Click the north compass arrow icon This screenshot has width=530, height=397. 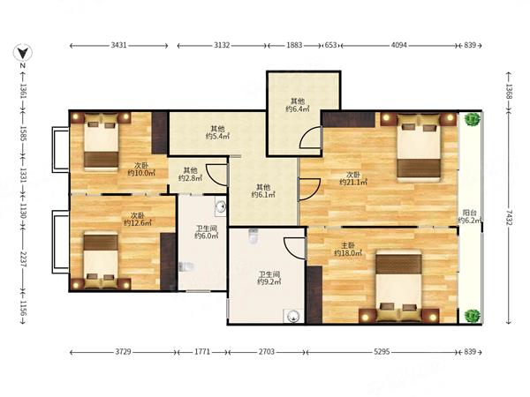23,53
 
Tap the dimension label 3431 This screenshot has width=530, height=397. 118,45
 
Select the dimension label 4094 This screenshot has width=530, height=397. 399,45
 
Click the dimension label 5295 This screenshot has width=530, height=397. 382,352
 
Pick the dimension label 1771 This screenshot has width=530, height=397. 202,352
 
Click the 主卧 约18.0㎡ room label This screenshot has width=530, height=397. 348,249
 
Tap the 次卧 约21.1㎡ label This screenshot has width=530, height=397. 353,178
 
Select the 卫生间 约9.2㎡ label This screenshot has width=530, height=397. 269,278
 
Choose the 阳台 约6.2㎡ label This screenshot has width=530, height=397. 470,217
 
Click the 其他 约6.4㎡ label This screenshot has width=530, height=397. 298,105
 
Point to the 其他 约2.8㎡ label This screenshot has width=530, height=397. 190,174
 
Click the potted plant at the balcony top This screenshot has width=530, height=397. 473,119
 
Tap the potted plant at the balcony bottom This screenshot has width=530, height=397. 473,316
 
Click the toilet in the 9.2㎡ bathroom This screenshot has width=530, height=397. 254,236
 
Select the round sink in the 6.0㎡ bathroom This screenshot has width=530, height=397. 220,206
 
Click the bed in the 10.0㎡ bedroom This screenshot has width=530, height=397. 101,142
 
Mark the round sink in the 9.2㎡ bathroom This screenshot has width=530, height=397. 292,317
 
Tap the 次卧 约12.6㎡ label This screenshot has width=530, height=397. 138,219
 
